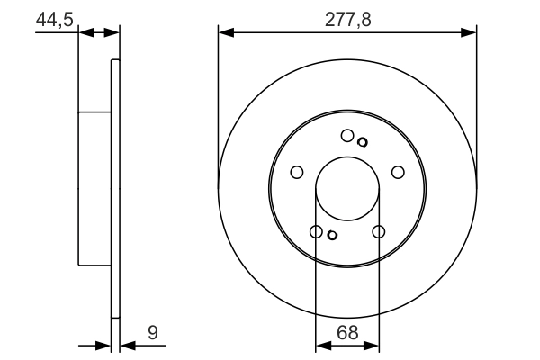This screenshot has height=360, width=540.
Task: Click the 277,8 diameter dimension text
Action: click(346, 15)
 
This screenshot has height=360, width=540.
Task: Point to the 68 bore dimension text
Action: click(347, 332)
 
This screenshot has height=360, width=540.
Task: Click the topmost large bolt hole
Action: click(347, 136)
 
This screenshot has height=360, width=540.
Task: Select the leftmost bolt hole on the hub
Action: click(295, 173)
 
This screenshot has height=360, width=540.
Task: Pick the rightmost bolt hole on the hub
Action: click(399, 173)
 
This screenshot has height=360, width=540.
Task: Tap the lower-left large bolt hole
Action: click(316, 232)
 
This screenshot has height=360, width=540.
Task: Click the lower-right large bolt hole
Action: click(378, 232)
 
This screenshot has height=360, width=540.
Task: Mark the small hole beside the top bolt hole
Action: click(363, 141)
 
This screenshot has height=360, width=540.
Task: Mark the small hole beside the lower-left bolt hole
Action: click(332, 236)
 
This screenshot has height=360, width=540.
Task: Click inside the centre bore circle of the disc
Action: click(347, 189)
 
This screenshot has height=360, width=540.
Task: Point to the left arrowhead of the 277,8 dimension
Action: click(225, 33)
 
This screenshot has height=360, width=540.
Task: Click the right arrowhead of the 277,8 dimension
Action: click(469, 33)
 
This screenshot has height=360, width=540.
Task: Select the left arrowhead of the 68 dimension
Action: click(322, 345)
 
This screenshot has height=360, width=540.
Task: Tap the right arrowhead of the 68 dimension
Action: click(373, 345)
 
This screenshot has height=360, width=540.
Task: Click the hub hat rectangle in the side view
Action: click(94, 189)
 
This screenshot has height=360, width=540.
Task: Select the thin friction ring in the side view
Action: click(114, 189)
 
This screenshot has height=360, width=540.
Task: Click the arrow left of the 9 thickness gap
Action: click(103, 345)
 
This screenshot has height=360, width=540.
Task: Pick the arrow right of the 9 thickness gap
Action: click(125, 345)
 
